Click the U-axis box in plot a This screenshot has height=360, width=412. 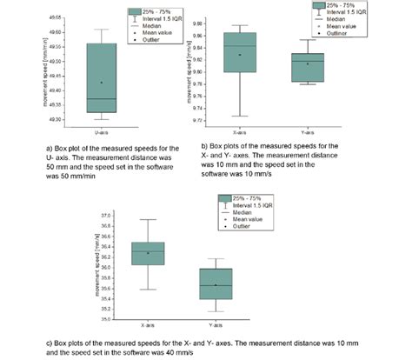tap(102, 77)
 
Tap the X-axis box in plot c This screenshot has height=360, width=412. tap(148, 253)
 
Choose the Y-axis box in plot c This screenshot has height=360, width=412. tap(216, 283)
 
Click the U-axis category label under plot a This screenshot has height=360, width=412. tap(102, 132)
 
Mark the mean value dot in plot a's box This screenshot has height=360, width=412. tap(102, 83)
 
